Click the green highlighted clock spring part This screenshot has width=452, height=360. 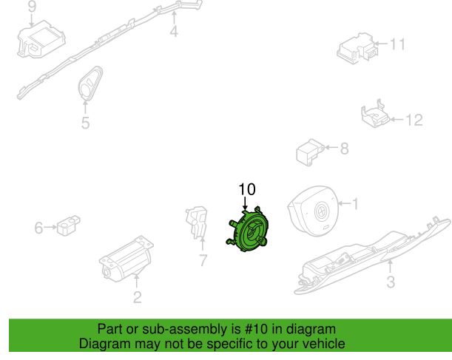247,230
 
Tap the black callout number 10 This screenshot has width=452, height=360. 247,189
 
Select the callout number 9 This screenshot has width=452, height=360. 33,7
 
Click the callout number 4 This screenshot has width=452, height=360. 174,31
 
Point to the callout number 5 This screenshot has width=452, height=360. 85,123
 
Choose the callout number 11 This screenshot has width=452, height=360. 397,44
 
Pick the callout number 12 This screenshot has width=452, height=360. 414,120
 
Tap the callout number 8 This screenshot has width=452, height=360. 345,149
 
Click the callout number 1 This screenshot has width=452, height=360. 355,204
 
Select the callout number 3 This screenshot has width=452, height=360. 391,282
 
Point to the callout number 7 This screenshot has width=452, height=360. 203,261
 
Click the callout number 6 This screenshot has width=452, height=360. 38,228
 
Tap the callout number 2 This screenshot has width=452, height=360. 137,297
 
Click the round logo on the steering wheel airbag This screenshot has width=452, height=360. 320,213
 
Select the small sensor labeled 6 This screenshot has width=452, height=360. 69,225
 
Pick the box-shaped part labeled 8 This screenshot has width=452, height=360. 310,152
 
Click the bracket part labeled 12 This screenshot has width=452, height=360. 375,114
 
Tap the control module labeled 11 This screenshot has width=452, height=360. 357,48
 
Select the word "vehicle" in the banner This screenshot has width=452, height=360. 326,344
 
